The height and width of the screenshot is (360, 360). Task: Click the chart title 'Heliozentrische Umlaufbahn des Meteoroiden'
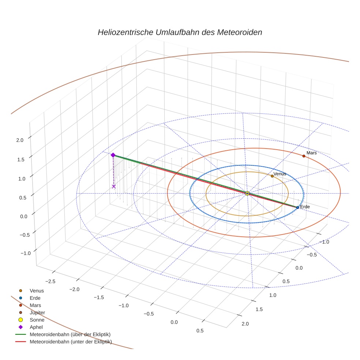tap(180, 32)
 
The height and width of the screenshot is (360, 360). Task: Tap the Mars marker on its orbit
tap(304, 156)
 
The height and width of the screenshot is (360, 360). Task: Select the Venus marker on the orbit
tap(272, 176)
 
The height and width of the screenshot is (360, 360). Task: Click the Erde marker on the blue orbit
tap(297, 207)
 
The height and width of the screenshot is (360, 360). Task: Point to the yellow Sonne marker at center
tap(247, 193)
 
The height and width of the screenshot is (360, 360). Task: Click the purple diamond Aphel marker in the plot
tap(113, 155)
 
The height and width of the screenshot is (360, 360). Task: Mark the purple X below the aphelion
tap(114, 187)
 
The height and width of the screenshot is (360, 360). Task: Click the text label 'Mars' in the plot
tap(312, 153)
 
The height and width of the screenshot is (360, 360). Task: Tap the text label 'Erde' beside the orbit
tap(305, 207)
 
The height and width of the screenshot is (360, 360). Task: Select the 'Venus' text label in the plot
tap(280, 174)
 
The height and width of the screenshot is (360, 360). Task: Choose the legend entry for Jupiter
tap(37, 312)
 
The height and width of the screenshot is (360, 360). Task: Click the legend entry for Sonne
tap(37, 320)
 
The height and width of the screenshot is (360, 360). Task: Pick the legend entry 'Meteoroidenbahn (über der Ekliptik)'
tap(70, 334)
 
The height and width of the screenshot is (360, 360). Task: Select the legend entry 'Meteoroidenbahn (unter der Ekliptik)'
tap(71, 342)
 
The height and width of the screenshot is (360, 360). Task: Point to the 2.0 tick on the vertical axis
tap(20, 140)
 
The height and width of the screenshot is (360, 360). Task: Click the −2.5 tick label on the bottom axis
tap(50, 281)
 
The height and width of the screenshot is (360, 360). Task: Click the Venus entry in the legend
tap(37, 290)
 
